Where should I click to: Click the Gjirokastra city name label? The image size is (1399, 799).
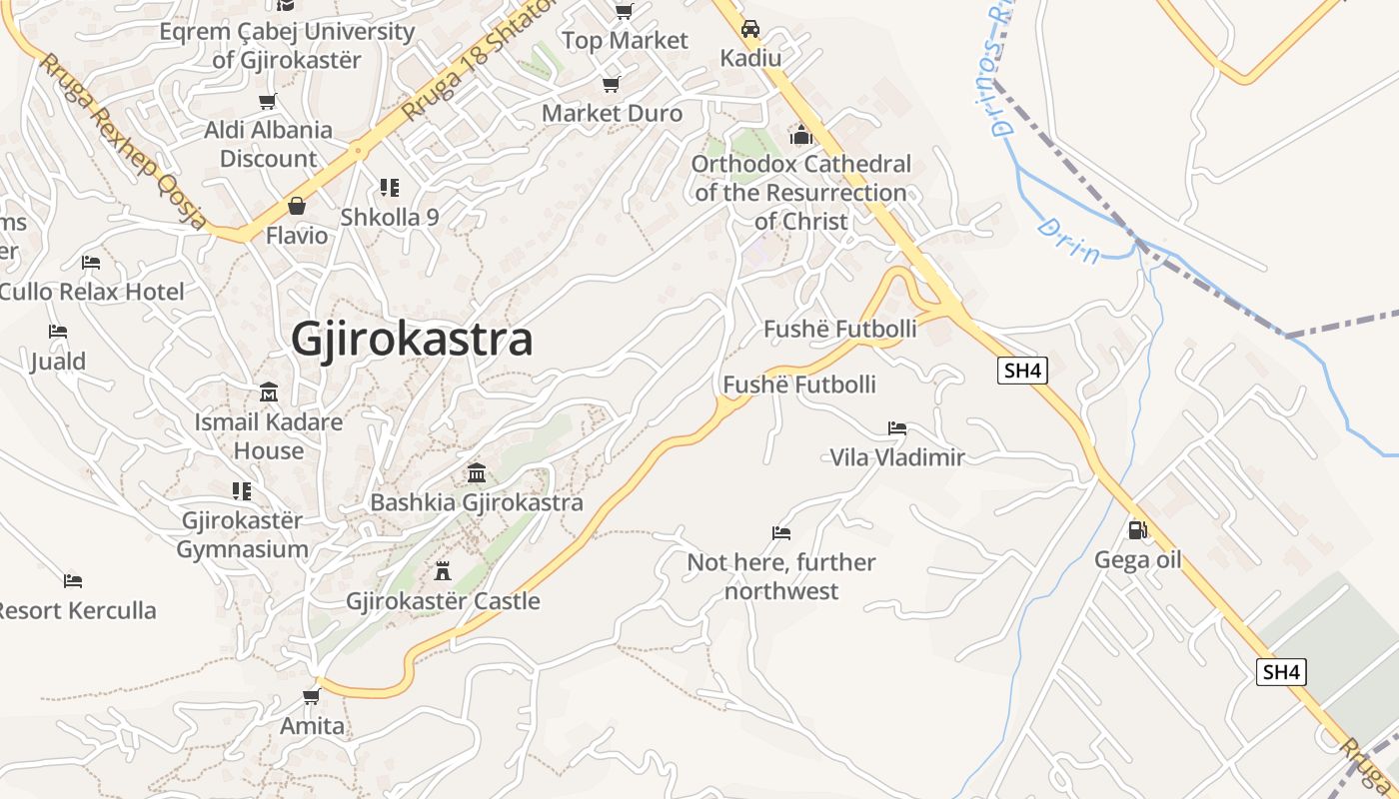(x=412, y=340)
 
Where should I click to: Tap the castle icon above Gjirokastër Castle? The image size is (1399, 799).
(x=443, y=571)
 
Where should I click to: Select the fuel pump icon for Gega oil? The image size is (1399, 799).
(x=1137, y=529)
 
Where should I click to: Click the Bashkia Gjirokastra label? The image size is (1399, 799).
(x=477, y=501)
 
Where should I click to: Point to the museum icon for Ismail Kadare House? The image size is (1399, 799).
(x=268, y=393)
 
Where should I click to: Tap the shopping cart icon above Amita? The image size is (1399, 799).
(x=312, y=696)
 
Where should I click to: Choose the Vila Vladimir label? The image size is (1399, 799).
(x=897, y=457)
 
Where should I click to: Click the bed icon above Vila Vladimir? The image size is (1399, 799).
(x=897, y=428)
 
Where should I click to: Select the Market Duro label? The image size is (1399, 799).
(x=612, y=113)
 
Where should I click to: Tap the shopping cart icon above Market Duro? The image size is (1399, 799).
(x=612, y=84)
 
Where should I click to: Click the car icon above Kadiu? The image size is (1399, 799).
(x=750, y=29)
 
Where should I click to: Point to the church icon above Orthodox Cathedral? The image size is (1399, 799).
(x=800, y=134)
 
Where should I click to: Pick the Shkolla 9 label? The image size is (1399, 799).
(x=390, y=217)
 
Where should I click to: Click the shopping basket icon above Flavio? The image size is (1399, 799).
(x=297, y=206)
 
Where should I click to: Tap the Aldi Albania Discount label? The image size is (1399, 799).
(x=268, y=144)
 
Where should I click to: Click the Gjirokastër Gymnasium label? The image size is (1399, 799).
(x=242, y=534)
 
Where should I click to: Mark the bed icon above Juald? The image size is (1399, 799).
(x=58, y=332)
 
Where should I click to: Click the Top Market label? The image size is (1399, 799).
(x=625, y=41)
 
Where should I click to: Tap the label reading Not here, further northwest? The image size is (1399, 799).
(x=781, y=576)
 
